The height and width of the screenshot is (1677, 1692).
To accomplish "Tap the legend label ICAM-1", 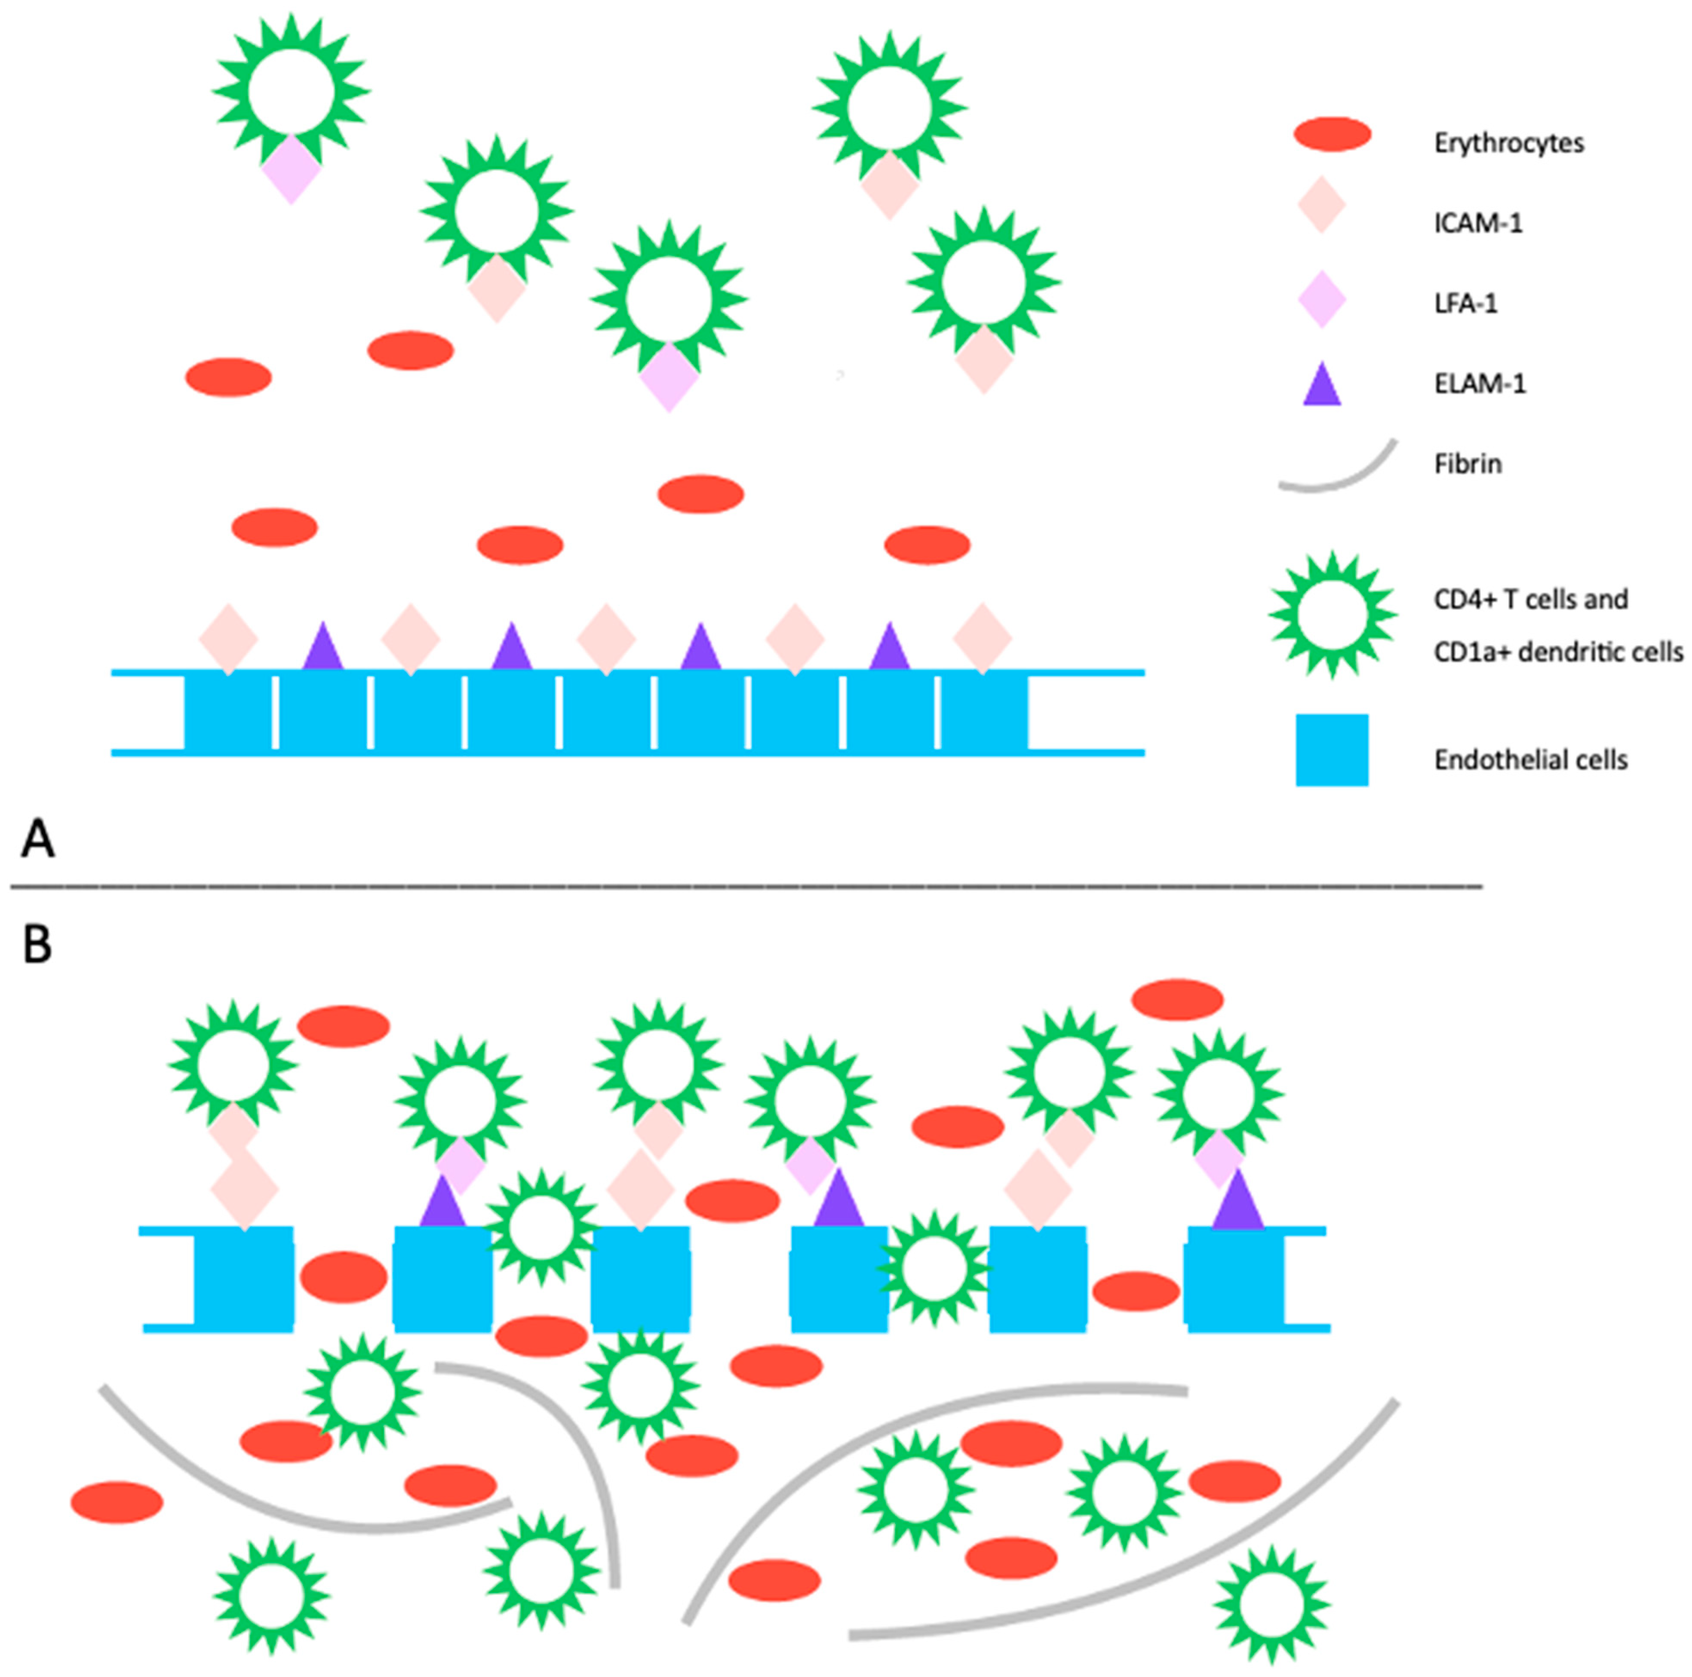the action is click(x=1478, y=223).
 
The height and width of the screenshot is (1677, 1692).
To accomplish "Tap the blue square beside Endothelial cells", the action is click(x=1332, y=750).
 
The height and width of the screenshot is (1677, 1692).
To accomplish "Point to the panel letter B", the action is click(x=37, y=945).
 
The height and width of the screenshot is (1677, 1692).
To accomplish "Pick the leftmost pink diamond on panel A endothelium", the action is click(x=229, y=639).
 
